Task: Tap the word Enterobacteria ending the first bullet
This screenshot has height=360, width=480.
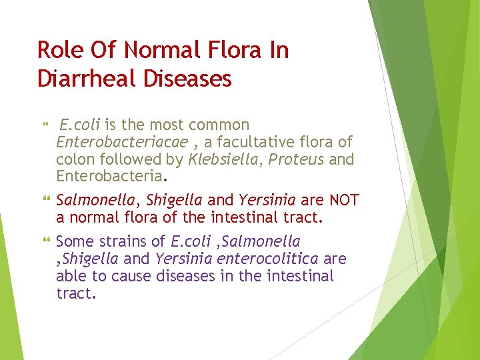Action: [109, 177]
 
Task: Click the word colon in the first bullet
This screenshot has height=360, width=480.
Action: [75, 159]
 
